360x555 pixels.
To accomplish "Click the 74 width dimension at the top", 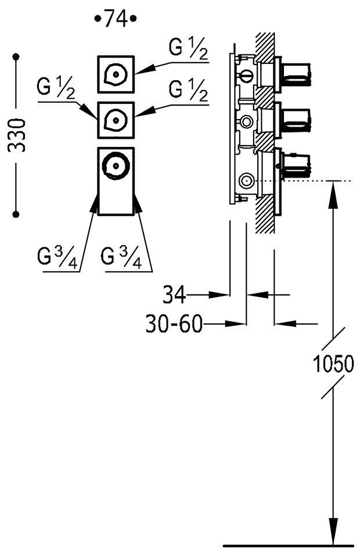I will pyautogui.click(x=115, y=19).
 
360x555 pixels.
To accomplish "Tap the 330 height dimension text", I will pyautogui.click(x=18, y=135).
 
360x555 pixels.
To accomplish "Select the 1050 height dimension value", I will pyautogui.click(x=333, y=364).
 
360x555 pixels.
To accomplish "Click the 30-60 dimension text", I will pyautogui.click(x=174, y=324).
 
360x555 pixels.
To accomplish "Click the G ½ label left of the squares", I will pyautogui.click(x=57, y=89).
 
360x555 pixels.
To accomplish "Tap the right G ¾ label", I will pyautogui.click(x=121, y=257).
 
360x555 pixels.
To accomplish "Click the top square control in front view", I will pyautogui.click(x=116, y=74).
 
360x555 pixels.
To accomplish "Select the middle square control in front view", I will pyautogui.click(x=116, y=120).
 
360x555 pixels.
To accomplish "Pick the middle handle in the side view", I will pyautogui.click(x=296, y=120).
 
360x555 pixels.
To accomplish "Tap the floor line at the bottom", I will pyautogui.click(x=288, y=546).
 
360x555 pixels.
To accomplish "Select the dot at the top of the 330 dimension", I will pyautogui.click(x=16, y=57).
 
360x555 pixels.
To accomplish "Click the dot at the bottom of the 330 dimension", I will pyautogui.click(x=16, y=214).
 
